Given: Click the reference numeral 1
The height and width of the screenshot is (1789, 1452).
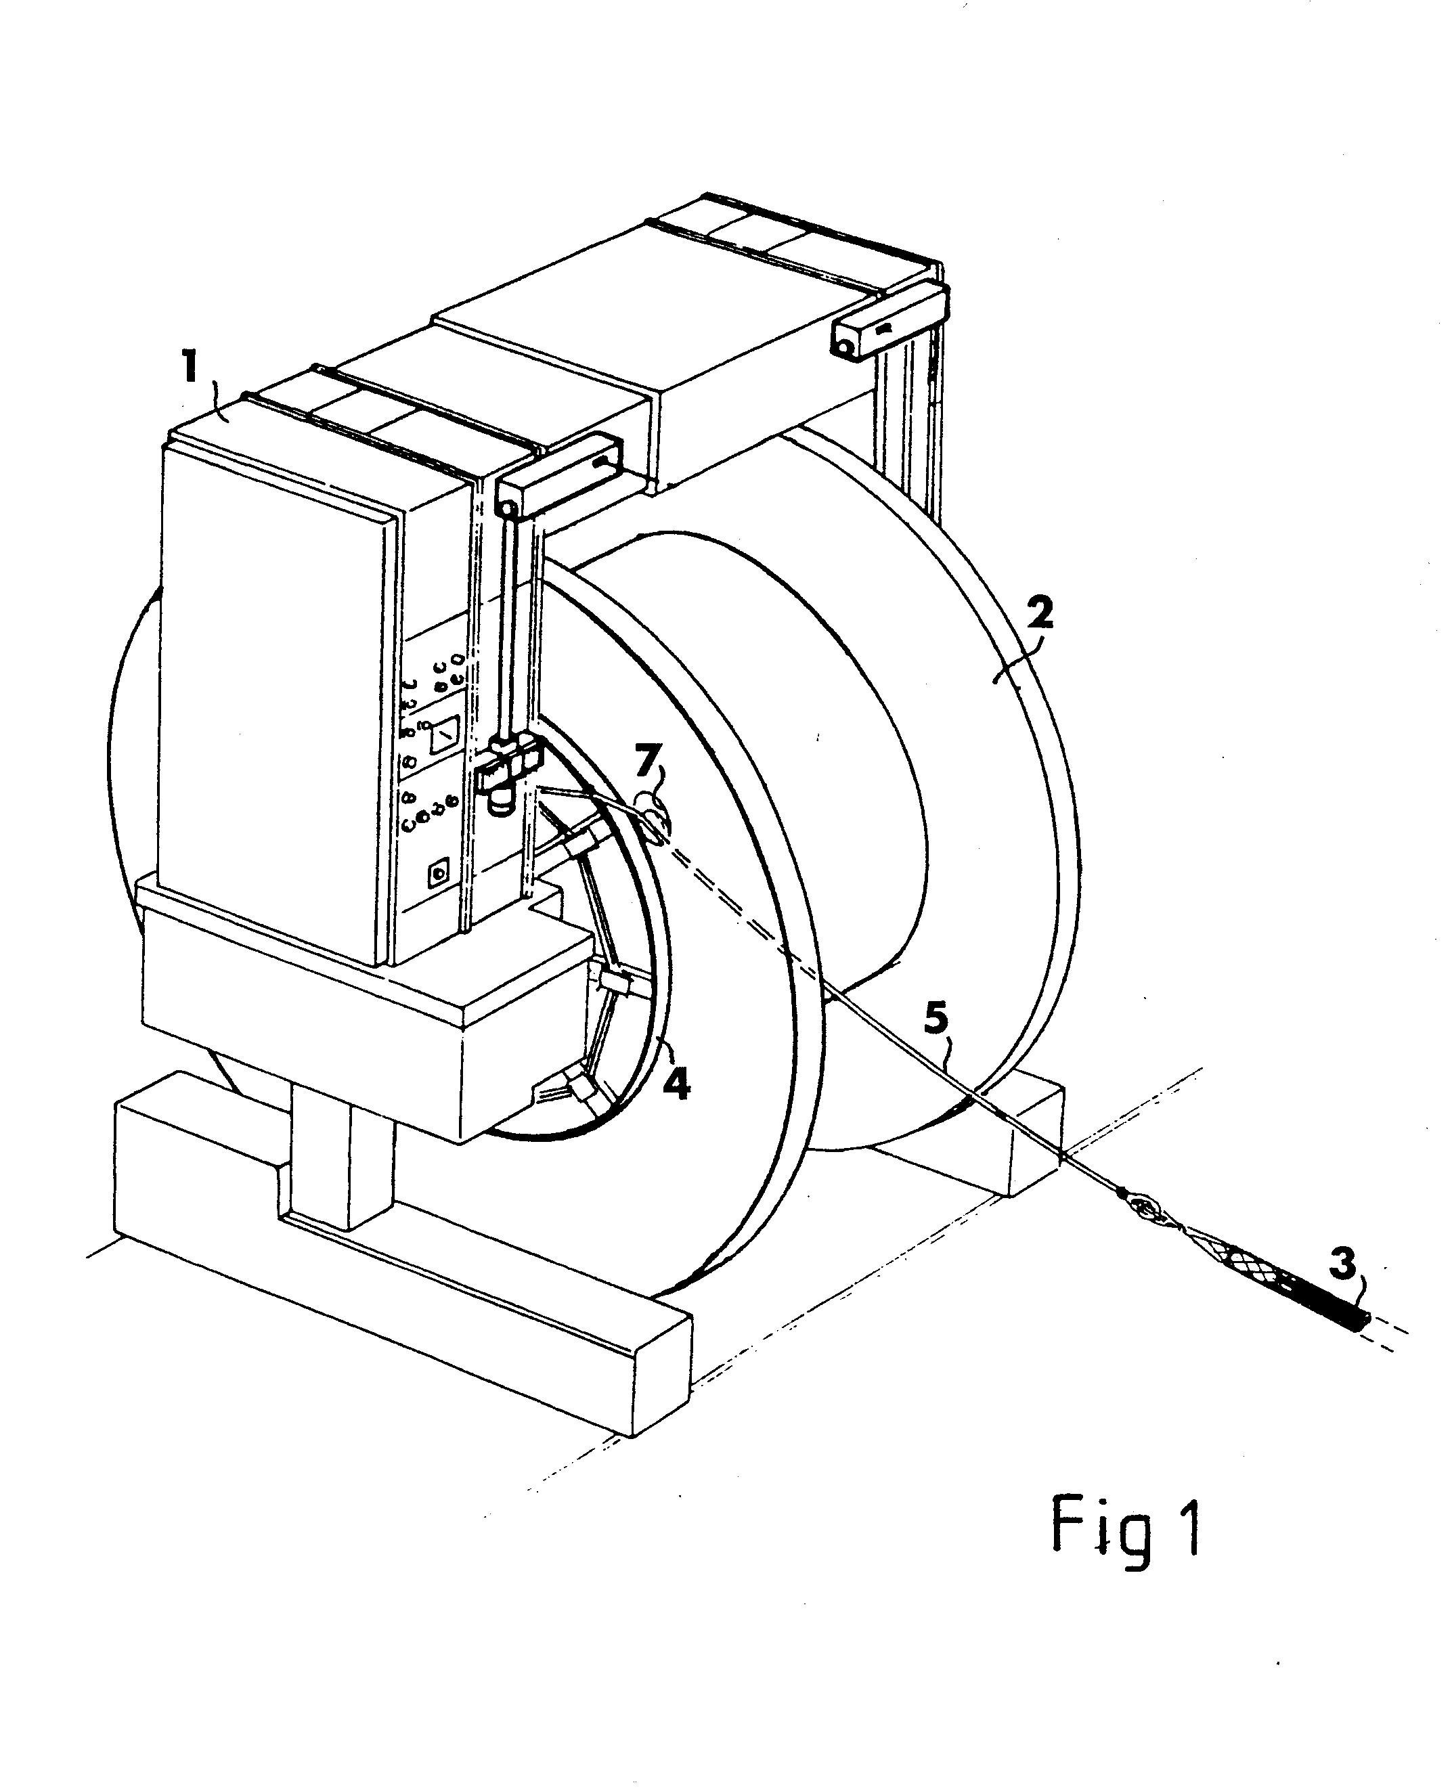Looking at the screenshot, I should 191,367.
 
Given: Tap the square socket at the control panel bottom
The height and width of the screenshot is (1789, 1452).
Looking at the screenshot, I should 439,874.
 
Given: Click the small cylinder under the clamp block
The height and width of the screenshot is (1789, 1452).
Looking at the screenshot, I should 500,799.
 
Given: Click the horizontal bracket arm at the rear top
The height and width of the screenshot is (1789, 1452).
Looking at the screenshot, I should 890,318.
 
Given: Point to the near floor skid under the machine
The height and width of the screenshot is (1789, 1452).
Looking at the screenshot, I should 401,1263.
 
